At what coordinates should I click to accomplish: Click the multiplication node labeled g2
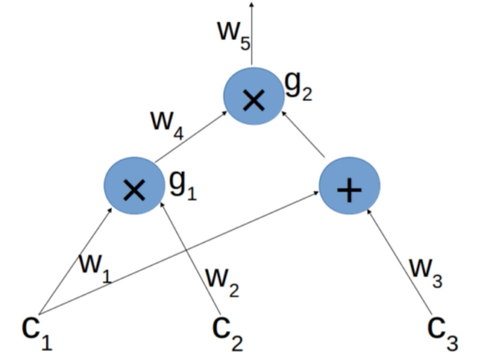253,97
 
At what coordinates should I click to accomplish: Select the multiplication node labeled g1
134,186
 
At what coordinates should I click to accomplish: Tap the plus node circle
350,186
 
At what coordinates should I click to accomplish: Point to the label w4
167,125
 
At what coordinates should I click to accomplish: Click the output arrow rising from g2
252,32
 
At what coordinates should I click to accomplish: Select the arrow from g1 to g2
191,137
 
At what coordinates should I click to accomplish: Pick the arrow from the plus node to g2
304,134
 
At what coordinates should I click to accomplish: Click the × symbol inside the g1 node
133,190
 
